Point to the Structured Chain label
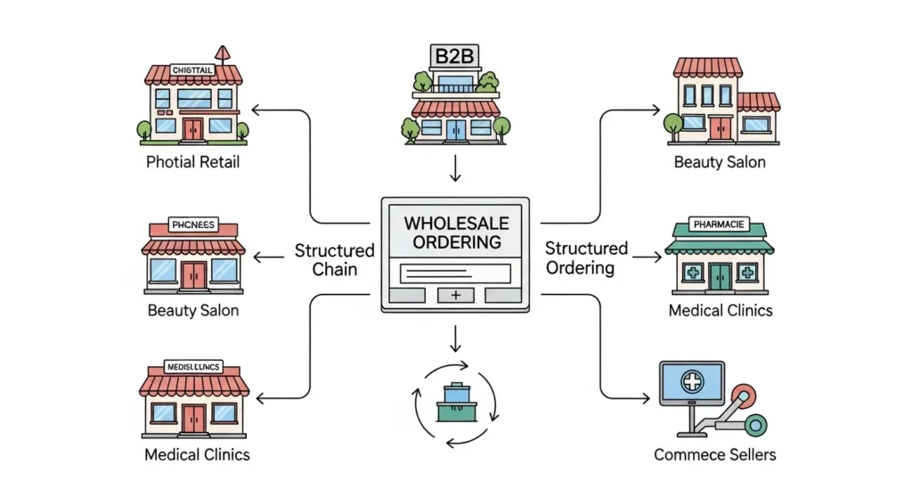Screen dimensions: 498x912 (x=335, y=259)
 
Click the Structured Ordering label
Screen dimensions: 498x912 (x=586, y=257)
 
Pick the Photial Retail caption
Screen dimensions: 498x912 (x=194, y=162)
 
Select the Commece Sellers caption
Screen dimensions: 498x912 (x=715, y=454)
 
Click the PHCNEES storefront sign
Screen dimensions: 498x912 (x=193, y=226)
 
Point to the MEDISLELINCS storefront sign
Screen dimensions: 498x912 (x=194, y=366)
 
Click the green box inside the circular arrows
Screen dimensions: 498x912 (x=456, y=402)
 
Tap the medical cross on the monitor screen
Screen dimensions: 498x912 (x=691, y=384)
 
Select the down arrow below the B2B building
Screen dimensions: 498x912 (x=456, y=168)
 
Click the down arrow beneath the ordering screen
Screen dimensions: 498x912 (x=456, y=339)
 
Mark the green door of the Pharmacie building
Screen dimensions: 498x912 (x=721, y=276)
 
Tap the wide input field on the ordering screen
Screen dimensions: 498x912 (x=455, y=273)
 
